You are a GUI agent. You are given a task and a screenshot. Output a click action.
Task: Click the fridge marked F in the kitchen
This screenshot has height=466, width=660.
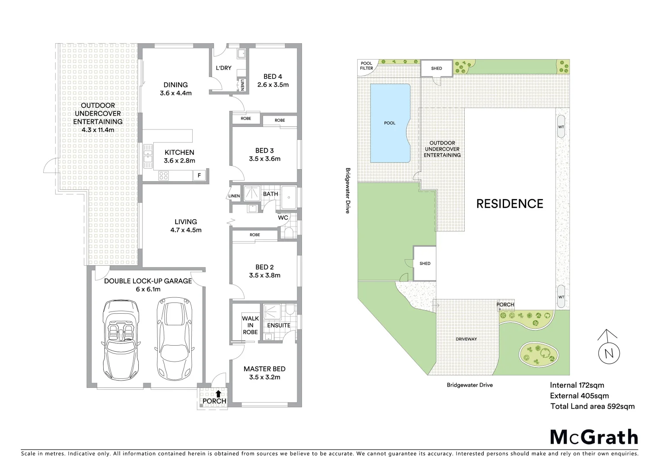click(x=199, y=175)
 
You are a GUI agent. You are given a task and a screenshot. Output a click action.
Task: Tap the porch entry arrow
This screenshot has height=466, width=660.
click(x=219, y=393)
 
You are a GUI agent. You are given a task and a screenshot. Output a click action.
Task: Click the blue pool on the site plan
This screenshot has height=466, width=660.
click(x=390, y=123)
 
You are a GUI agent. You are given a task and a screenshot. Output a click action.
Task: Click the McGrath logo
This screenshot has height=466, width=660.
click(x=594, y=437)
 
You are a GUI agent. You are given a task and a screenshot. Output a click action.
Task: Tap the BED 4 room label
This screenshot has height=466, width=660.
click(x=273, y=76)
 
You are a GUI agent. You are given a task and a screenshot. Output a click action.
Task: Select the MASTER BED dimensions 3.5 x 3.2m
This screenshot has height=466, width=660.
click(x=264, y=377)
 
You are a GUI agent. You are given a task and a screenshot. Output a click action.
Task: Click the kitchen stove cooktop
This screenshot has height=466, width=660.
click(x=164, y=175)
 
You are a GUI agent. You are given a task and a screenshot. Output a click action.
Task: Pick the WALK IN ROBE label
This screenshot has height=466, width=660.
click(x=250, y=325)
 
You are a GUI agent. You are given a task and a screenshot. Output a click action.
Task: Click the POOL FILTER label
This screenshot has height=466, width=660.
click(x=366, y=66)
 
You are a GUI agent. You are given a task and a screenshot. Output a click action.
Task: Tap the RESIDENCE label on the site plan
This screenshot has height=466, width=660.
click(x=510, y=204)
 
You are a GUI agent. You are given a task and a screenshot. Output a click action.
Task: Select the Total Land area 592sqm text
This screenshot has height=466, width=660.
click(x=592, y=406)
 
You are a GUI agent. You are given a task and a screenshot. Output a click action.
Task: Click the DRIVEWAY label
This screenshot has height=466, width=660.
click(x=466, y=339)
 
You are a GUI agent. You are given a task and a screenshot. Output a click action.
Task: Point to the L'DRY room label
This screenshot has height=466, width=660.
click(x=224, y=68)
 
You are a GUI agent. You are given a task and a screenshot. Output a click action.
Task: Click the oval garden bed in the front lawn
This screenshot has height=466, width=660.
click(x=539, y=353)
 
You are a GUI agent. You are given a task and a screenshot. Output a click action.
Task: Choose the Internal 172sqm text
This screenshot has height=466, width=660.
click(x=577, y=385)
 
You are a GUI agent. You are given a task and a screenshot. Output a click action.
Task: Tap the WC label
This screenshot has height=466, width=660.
click(x=283, y=217)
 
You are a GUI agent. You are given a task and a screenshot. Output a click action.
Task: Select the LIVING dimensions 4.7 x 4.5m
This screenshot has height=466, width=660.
click(x=186, y=230)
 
